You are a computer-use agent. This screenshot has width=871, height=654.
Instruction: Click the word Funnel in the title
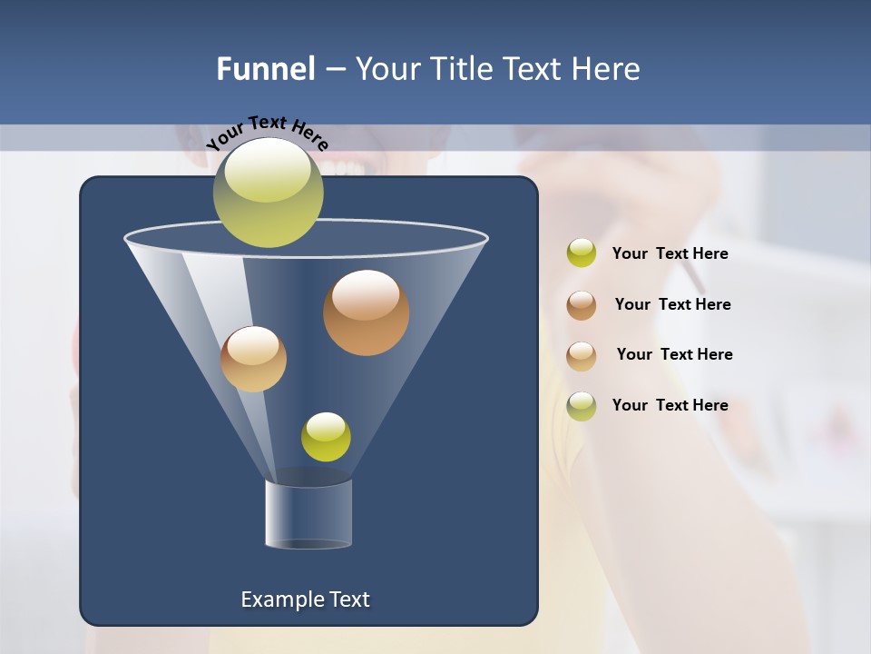coord(265,69)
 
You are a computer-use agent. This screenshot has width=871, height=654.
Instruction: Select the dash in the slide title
coord(334,70)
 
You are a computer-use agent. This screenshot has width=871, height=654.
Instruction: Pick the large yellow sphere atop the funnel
coord(268,192)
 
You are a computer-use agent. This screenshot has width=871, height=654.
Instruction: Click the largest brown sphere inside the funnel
coord(366,312)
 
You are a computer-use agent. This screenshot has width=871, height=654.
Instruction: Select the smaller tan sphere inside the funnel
coord(253,359)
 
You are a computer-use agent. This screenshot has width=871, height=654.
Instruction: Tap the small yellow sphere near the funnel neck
coord(326,436)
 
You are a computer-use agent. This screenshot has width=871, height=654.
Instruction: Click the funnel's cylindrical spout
coord(308,514)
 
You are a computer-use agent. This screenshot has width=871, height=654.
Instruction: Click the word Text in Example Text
coord(347,599)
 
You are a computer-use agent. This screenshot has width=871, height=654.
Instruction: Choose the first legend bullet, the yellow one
coord(581,253)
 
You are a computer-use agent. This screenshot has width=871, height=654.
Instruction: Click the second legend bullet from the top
coord(581,304)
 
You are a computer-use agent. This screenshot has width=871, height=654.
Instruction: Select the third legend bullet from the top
coord(581,355)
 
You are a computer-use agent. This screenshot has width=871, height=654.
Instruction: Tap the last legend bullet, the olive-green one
coord(581,405)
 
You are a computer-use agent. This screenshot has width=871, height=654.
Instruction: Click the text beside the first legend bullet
coord(670,253)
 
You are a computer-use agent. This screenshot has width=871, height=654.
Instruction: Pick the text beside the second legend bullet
coord(672,304)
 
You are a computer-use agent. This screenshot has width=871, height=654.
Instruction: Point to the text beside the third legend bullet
coord(674,354)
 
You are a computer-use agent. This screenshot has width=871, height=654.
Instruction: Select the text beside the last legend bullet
coord(670,405)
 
